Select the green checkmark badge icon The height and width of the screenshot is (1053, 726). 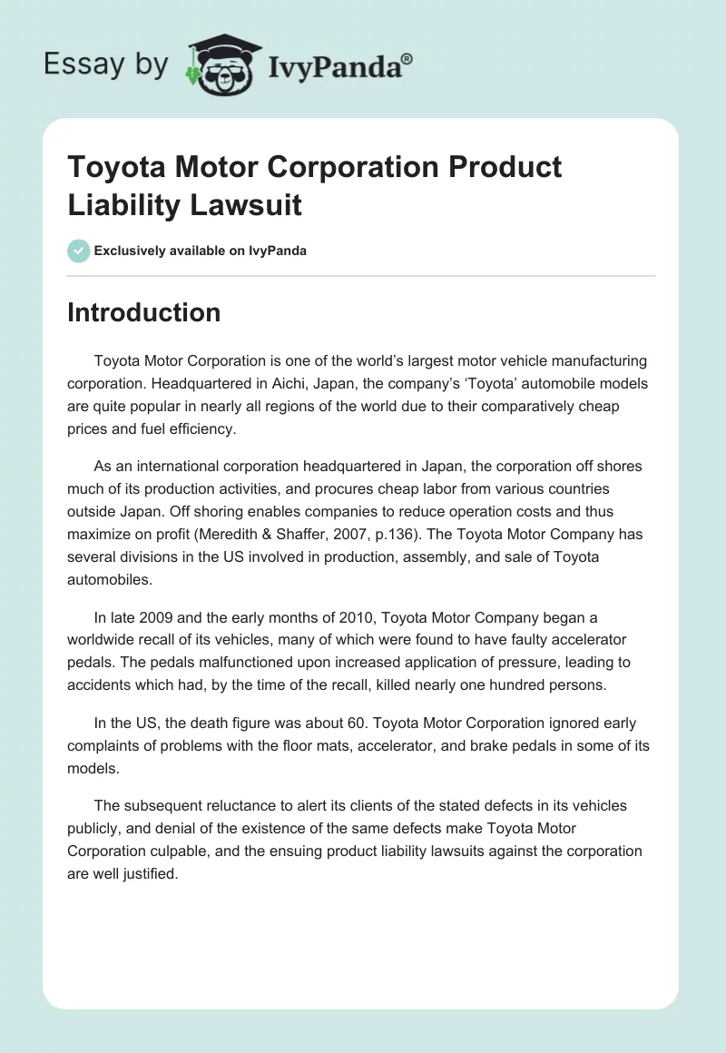tap(79, 251)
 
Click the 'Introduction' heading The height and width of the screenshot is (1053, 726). tap(143, 312)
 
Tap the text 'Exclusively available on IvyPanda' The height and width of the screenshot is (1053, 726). tap(201, 251)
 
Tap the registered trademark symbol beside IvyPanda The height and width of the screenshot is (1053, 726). tap(407, 57)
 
